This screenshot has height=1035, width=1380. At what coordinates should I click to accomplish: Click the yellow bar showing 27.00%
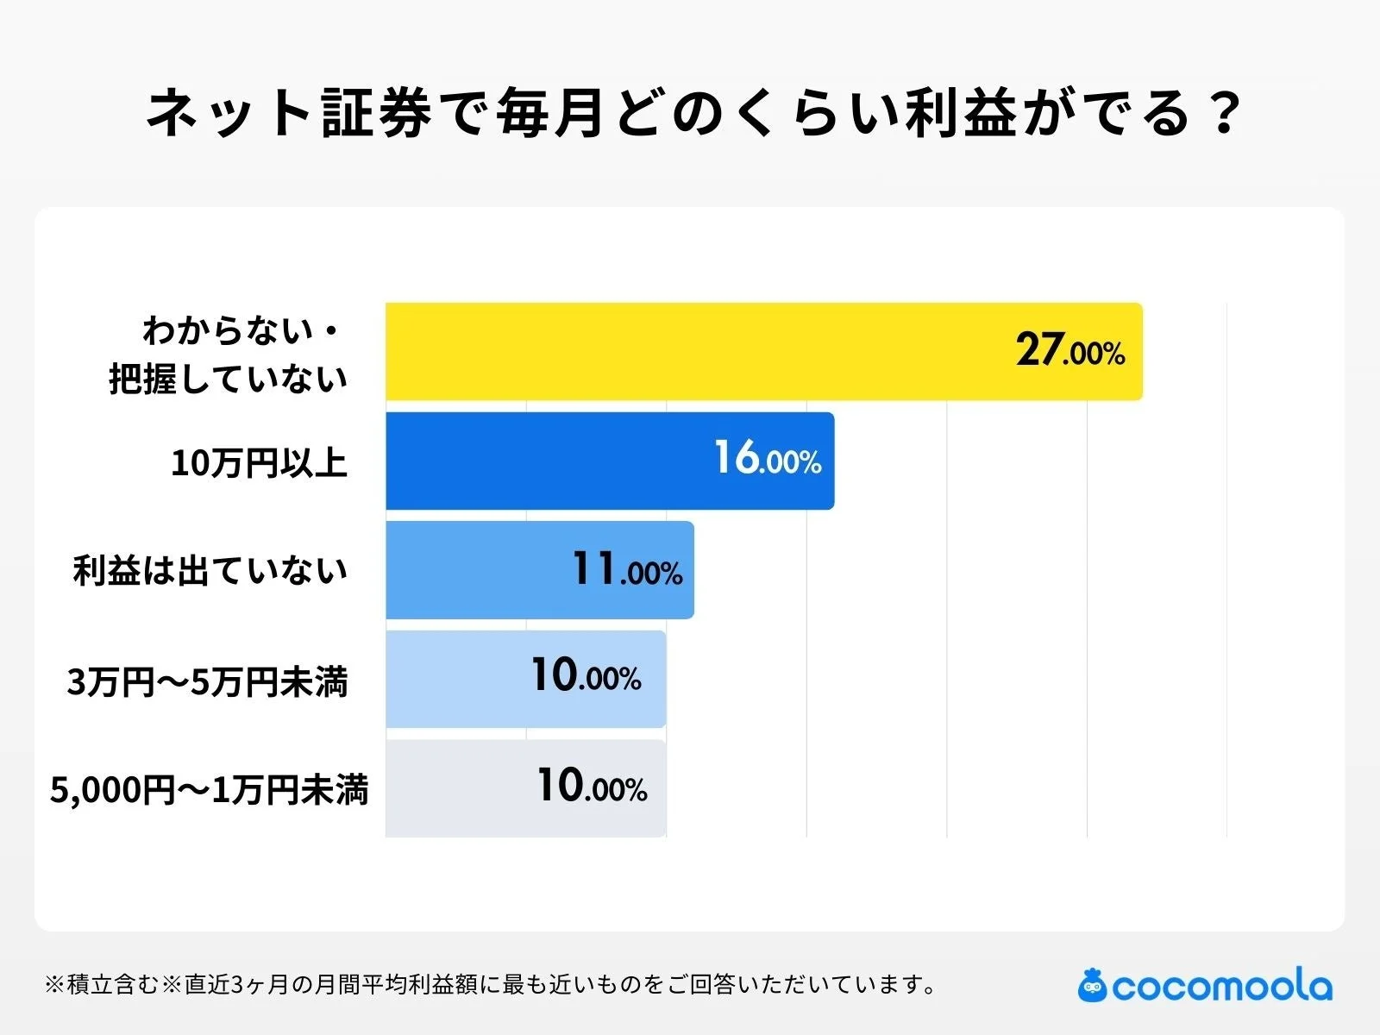pyautogui.click(x=690, y=352)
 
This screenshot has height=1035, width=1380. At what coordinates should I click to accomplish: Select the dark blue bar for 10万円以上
pyautogui.click(x=552, y=461)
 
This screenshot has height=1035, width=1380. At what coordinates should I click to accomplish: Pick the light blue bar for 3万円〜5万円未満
pyautogui.click(x=457, y=679)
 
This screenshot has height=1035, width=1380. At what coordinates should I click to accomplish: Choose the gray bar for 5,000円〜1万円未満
pyautogui.click(x=457, y=788)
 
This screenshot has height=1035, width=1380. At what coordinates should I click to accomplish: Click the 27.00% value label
pyautogui.click(x=1069, y=351)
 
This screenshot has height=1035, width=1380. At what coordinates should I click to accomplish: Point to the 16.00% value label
pyautogui.click(x=768, y=459)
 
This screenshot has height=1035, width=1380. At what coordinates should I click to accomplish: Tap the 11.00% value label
pyautogui.click(x=627, y=570)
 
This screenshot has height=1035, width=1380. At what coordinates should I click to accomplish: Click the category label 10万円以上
pyautogui.click(x=259, y=463)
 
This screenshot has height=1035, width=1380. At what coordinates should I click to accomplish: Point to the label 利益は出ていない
pyautogui.click(x=210, y=571)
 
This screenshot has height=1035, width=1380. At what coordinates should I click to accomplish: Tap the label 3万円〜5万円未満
pyautogui.click(x=207, y=682)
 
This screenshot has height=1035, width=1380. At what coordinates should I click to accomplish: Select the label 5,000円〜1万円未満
pyautogui.click(x=209, y=790)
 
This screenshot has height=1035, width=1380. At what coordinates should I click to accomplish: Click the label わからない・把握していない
pyautogui.click(x=229, y=354)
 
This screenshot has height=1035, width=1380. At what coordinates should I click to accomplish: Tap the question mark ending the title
pyautogui.click(x=1222, y=113)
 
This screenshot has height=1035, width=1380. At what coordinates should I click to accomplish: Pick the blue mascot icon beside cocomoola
pyautogui.click(x=1092, y=985)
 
